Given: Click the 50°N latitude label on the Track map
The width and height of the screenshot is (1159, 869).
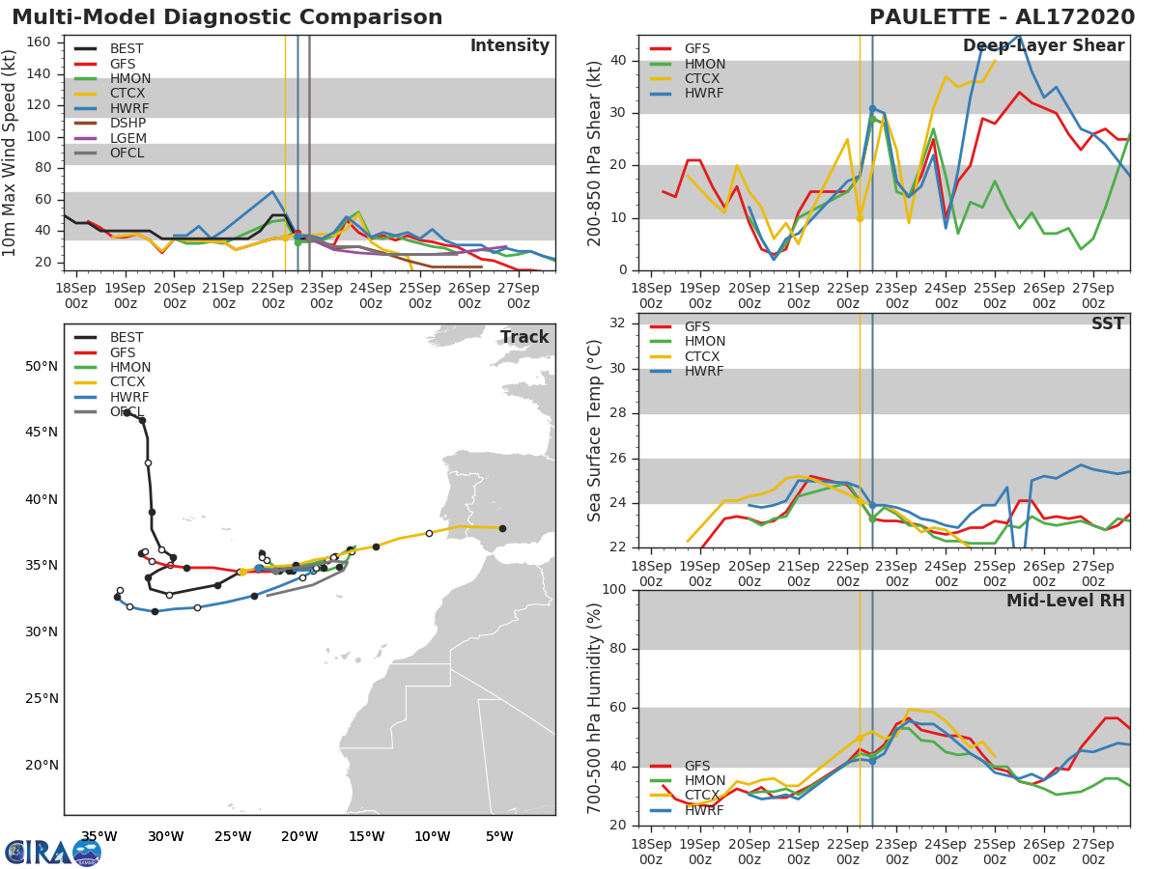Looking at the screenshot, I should point(42,366).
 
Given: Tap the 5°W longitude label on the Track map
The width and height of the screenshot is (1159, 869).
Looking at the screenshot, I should point(498,836).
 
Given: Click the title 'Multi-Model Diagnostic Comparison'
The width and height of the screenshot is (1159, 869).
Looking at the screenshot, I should point(227,17).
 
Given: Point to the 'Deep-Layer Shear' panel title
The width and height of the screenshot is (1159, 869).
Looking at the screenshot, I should point(1043,46).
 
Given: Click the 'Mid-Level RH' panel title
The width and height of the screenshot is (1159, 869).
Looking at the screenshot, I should point(1065,601).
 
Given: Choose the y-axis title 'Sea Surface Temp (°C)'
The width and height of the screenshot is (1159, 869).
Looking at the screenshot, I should point(595,431).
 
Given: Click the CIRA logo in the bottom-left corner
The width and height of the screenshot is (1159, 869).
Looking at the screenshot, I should point(52,852).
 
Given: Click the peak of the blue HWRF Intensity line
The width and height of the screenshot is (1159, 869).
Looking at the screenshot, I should point(272,191).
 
